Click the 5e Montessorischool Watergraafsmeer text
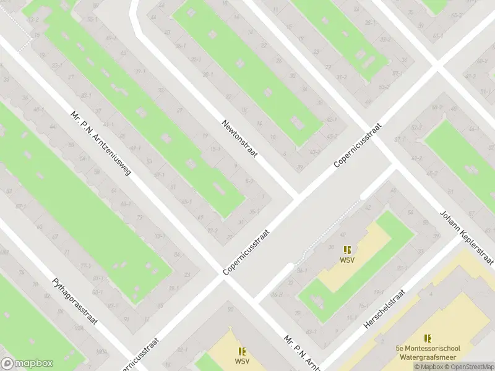(427, 352)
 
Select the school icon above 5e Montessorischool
(428, 339)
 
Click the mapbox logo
(27, 364)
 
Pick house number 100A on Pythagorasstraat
(101, 351)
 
